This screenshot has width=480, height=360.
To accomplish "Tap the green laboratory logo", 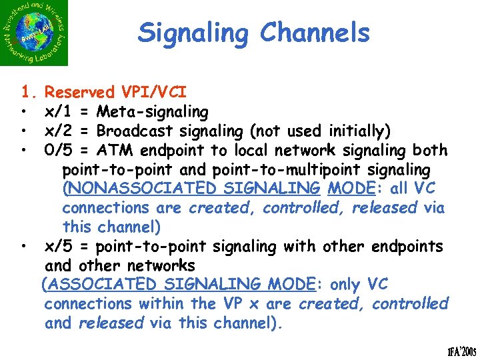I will tap(35, 33).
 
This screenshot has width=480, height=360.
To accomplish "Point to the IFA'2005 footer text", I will tap(451, 349).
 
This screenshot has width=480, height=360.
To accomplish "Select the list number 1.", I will tap(27, 92).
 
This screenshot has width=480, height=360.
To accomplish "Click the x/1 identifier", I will tap(59, 111).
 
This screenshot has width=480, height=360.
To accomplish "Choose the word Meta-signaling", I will tap(152, 111).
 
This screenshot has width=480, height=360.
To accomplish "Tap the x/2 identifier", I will tap(59, 131).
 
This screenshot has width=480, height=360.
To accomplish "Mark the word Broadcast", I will tap(133, 131).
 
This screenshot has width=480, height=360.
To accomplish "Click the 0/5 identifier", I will tap(59, 150).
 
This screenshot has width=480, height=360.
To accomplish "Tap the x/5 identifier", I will tap(59, 246).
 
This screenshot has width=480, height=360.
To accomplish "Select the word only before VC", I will tap(345, 285).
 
